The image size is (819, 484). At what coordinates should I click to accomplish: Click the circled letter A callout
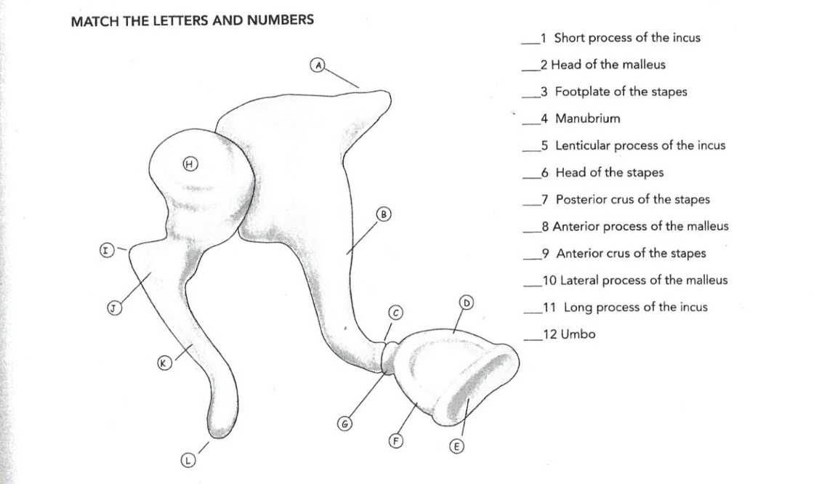pyautogui.click(x=318, y=65)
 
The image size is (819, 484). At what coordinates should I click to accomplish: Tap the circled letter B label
pyautogui.click(x=384, y=214)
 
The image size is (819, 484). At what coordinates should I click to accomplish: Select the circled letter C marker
pyautogui.click(x=395, y=312)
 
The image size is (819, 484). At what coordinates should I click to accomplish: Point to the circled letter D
pyautogui.click(x=466, y=302)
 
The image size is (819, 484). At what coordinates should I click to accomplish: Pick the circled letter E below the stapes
pyautogui.click(x=456, y=446)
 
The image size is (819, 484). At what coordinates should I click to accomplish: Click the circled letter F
pyautogui.click(x=397, y=441)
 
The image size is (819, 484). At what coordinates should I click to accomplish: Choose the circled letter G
pyautogui.click(x=344, y=424)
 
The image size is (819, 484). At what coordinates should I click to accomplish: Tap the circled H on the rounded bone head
pyautogui.click(x=190, y=164)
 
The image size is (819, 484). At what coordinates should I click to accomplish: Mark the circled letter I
pyautogui.click(x=107, y=250)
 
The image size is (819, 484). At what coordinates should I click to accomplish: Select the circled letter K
pyautogui.click(x=164, y=363)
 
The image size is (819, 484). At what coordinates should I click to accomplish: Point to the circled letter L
pyautogui.click(x=187, y=461)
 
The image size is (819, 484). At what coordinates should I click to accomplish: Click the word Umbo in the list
pyautogui.click(x=578, y=334)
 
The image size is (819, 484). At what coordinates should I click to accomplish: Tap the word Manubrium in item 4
pyautogui.click(x=588, y=118)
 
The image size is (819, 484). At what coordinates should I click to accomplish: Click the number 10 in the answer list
pyautogui.click(x=549, y=281)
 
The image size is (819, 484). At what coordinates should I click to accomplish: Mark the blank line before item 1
pyautogui.click(x=530, y=43)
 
